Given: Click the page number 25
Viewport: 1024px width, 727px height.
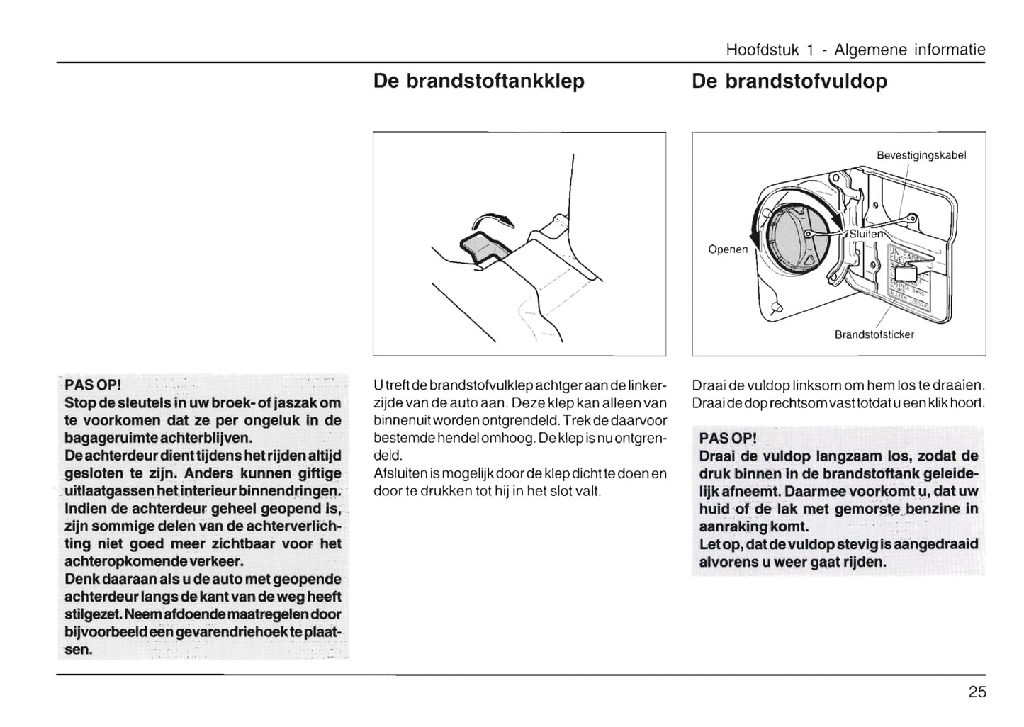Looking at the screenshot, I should click(x=977, y=692).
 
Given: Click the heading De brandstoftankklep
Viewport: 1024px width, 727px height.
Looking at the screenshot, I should click(x=478, y=81).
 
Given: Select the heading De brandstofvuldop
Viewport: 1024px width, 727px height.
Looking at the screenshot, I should click(x=789, y=81).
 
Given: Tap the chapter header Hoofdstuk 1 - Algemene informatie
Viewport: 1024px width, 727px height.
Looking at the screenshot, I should click(x=855, y=50).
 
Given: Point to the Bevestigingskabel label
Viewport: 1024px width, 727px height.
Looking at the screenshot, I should click(x=921, y=155).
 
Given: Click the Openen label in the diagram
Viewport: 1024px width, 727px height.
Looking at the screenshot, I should click(x=728, y=249).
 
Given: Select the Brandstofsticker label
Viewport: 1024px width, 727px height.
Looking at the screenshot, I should click(x=874, y=334).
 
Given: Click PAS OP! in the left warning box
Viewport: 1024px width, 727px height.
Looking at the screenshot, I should click(x=94, y=385).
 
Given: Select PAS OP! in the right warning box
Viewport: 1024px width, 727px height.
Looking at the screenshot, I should click(x=728, y=438).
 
